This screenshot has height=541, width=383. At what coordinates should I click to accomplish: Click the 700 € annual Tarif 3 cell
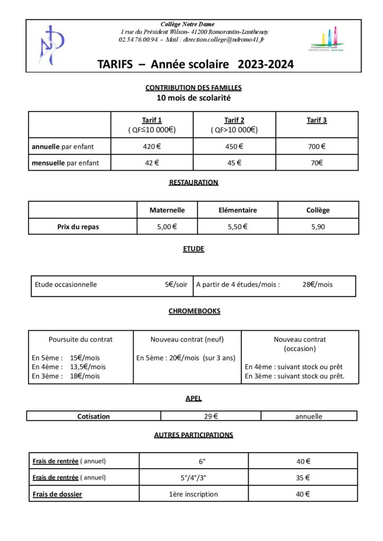[316, 147]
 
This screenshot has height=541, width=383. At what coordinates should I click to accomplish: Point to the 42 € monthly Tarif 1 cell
[152, 163]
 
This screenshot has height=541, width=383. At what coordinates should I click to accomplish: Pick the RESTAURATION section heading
[193, 182]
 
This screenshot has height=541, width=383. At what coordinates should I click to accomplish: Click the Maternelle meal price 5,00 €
[167, 227]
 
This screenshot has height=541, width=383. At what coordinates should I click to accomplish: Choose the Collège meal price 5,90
[317, 227]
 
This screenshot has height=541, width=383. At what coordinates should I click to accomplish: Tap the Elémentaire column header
[238, 210]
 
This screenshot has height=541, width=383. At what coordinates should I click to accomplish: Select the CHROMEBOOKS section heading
[194, 311]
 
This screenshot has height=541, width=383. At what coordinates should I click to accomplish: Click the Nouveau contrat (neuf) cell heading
[187, 339]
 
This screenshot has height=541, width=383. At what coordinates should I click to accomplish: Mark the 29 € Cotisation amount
[212, 416]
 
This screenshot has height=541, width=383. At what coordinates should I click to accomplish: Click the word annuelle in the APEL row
[309, 416]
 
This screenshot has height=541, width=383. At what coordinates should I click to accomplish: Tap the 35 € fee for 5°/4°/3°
[303, 478]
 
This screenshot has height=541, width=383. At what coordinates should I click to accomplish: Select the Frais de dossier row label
[57, 495]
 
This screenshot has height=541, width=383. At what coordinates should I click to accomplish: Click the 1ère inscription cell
[193, 495]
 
